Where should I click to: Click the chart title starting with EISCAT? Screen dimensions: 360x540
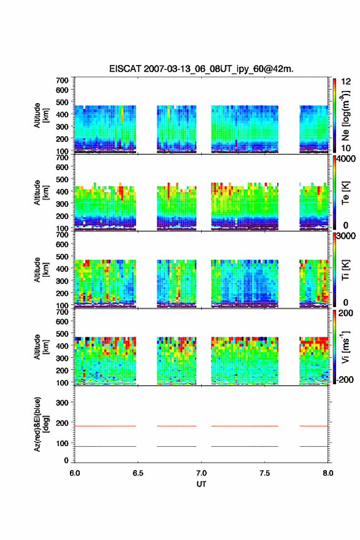pos(201,69)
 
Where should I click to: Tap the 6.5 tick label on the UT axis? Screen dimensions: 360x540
pos(138,473)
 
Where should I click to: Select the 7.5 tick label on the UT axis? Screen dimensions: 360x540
pos(265,473)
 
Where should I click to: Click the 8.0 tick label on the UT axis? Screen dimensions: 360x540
pos(328,473)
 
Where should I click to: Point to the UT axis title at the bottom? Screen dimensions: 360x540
pos(201,484)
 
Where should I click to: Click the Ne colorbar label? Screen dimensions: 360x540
pos(345,116)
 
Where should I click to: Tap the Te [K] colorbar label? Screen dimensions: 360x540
pos(345,193)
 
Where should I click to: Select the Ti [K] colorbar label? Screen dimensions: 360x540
pos(345,270)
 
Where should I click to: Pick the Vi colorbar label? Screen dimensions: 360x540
pos(345,347)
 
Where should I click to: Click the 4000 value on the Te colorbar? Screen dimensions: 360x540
pos(345,160)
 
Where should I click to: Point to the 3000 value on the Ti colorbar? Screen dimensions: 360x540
pos(346,236)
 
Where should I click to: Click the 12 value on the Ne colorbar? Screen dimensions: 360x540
pos(346,82)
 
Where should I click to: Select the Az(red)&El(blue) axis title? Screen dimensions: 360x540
pos(41,424)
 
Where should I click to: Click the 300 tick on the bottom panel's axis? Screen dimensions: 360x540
pos(63,403)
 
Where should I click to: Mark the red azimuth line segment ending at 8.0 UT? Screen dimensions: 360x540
pos(313,426)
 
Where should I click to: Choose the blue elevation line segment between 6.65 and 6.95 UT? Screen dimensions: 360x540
pos(177,446)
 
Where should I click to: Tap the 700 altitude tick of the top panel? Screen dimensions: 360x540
pos(63,80)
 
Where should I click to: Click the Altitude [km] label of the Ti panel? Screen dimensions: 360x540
pos(41,270)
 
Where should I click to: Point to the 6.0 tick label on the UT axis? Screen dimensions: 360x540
pos(75,473)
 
